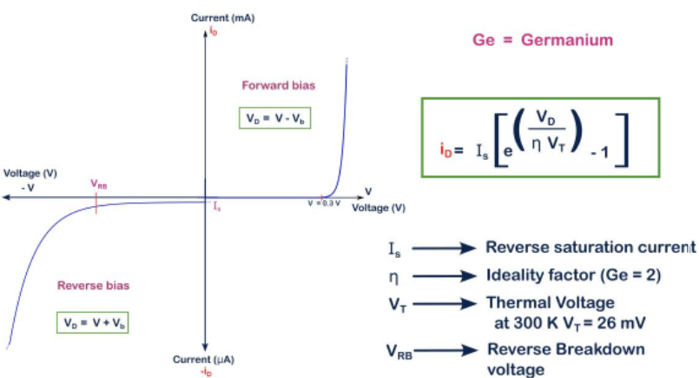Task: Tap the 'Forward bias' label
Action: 278,86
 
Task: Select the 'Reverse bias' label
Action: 94,284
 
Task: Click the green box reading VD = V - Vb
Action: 274,118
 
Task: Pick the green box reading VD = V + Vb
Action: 93,322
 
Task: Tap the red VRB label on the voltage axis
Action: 98,184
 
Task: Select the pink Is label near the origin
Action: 217,206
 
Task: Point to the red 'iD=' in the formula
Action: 450,150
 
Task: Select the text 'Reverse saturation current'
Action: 590,248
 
